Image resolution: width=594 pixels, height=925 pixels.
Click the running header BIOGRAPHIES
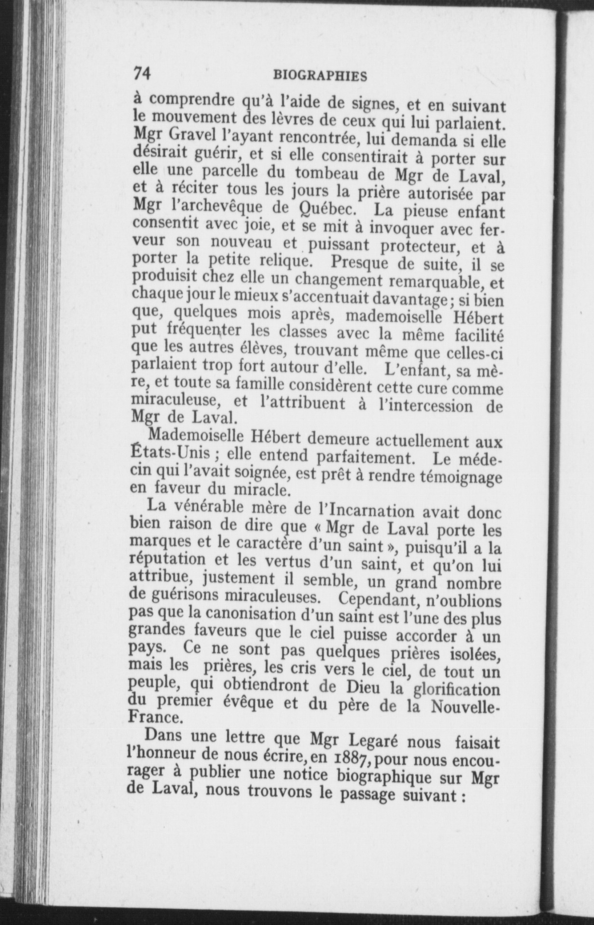pyautogui.click(x=320, y=76)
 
